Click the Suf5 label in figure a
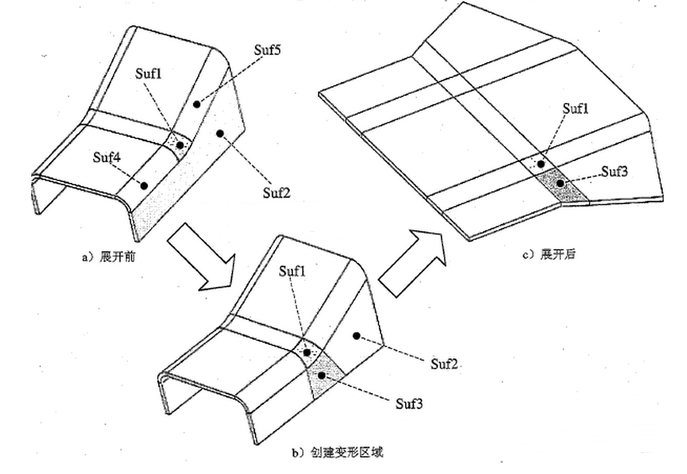267,50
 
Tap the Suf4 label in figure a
107,157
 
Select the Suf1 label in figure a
148,73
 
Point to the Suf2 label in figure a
276,192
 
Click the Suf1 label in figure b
292,271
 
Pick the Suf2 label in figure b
444,363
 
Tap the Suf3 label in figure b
409,403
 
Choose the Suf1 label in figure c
576,108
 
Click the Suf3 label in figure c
614,171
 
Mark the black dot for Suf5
197,105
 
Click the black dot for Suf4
144,186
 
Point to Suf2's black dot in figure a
220,133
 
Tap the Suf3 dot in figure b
322,376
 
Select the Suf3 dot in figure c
560,183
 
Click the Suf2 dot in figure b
357,336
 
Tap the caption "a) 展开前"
108,257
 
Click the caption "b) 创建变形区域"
337,452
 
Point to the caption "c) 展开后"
549,254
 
